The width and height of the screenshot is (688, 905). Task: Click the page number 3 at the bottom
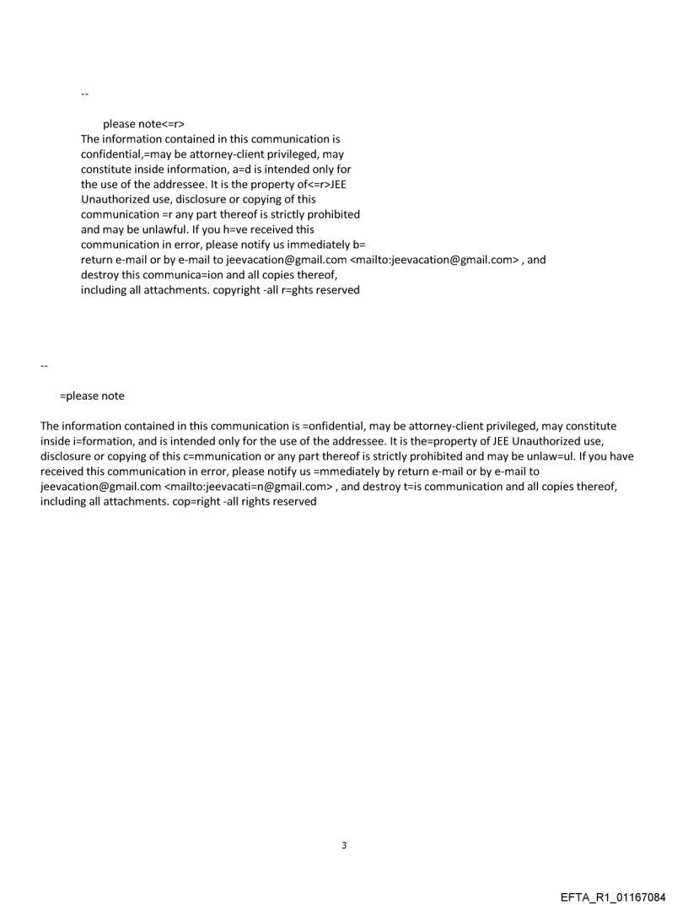point(344,845)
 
